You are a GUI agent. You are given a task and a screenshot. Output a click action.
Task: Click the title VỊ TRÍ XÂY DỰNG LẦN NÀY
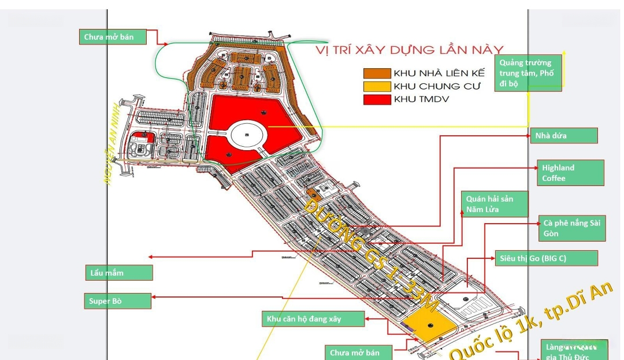point(409,50)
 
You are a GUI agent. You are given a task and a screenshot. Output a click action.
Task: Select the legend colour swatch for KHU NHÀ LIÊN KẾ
point(377,73)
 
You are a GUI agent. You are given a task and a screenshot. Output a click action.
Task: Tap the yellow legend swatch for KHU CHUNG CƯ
point(377,86)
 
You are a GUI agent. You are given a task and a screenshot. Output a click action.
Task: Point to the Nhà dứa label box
point(563,136)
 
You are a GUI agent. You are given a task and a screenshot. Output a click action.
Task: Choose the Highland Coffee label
point(570,173)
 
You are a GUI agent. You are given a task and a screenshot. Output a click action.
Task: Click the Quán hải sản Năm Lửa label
point(496,204)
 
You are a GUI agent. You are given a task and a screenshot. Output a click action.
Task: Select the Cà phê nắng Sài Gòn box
point(572,228)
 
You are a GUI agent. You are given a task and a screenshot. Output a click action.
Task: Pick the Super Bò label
point(118,301)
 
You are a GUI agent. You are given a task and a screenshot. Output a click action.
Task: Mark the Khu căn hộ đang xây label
point(313,319)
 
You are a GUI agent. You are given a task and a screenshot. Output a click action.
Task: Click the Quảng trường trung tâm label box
point(528,73)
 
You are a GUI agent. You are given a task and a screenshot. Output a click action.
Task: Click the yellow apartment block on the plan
point(428,325)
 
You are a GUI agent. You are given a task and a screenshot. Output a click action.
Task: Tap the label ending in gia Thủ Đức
point(574,351)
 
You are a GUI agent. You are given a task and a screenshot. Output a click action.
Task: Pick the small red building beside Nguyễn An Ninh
point(143,138)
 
